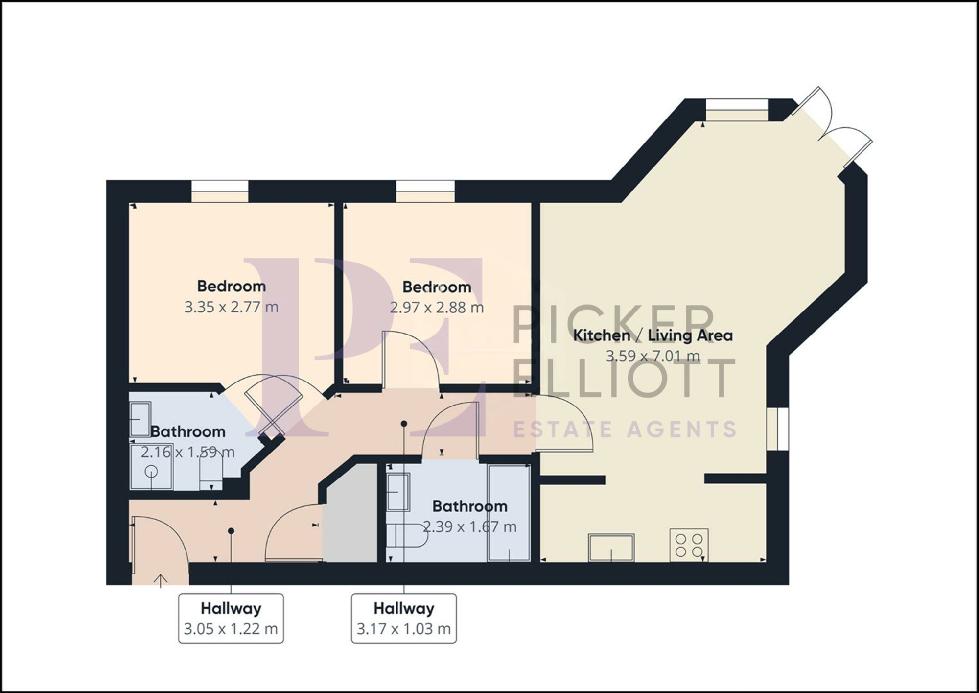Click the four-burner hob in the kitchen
click(x=689, y=546)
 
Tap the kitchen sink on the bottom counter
click(x=611, y=547)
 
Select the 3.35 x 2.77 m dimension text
click(x=231, y=307)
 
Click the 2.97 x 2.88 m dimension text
click(x=437, y=308)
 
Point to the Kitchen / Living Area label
click(x=653, y=335)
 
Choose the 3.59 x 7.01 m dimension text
click(x=653, y=356)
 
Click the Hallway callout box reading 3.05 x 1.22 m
click(x=231, y=618)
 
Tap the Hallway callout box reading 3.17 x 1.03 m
click(x=404, y=618)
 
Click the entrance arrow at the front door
click(x=161, y=580)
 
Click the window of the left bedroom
click(x=219, y=191)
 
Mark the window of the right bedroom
click(x=425, y=191)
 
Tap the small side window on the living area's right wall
click(x=778, y=428)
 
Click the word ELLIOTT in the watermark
click(x=624, y=379)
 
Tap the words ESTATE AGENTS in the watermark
click(x=624, y=430)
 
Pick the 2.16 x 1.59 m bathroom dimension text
click(x=187, y=452)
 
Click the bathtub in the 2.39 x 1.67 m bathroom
click(x=509, y=512)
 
